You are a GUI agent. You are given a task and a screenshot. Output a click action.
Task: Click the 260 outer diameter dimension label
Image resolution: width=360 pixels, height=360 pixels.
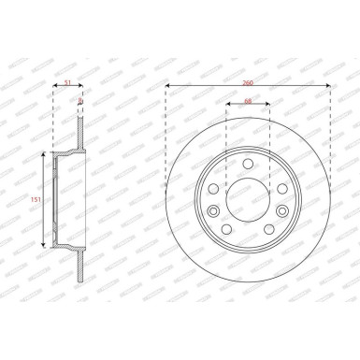click(248, 83)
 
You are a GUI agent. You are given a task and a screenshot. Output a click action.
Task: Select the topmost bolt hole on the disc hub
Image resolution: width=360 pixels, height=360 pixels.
click(248, 163)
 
